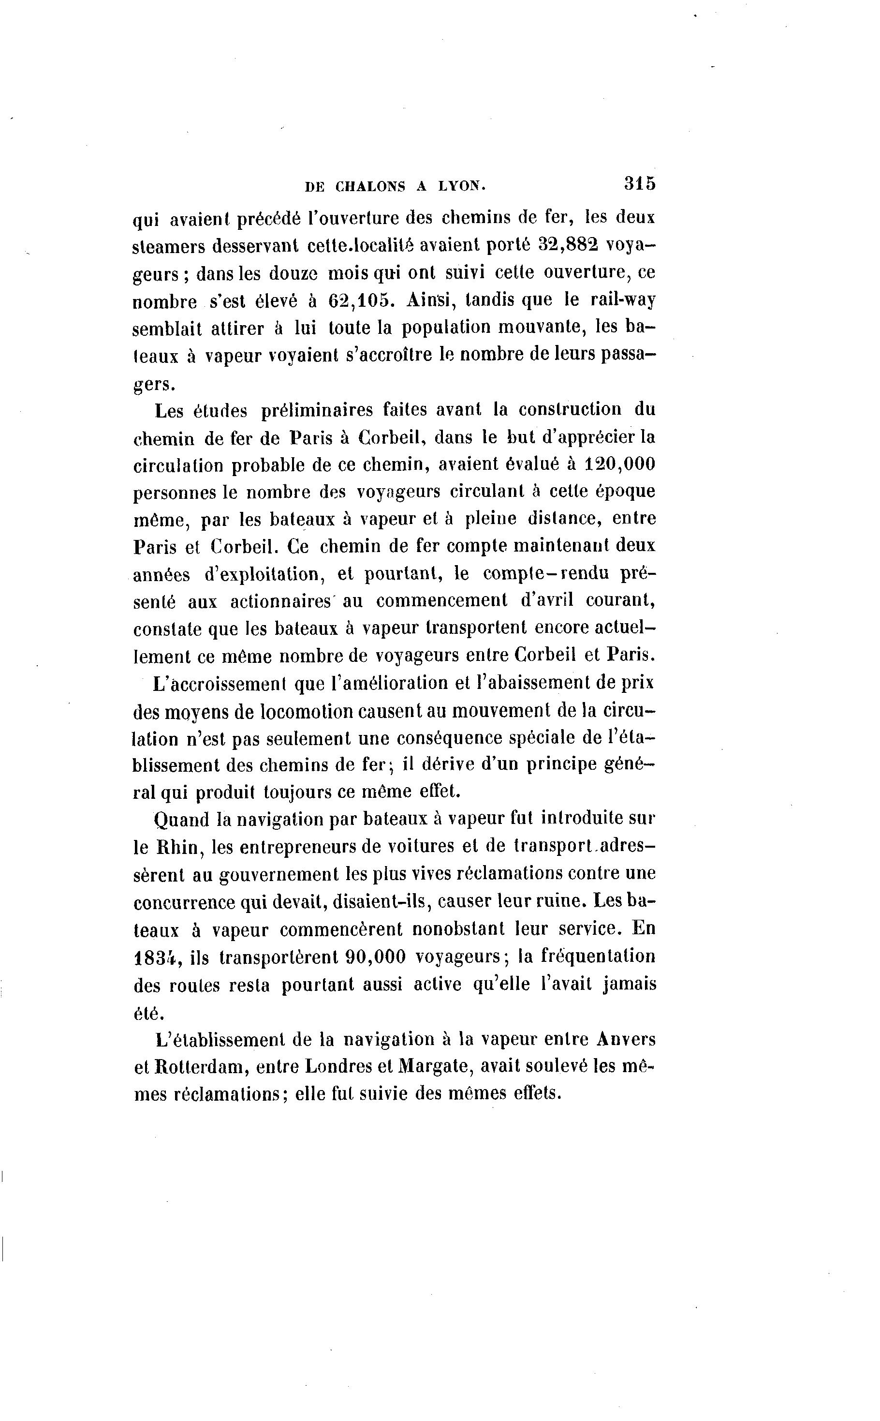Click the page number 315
tap(640, 183)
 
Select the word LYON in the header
tap(461, 186)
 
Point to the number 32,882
tap(568, 245)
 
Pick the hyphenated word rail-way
tap(623, 300)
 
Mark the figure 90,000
tap(375, 957)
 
